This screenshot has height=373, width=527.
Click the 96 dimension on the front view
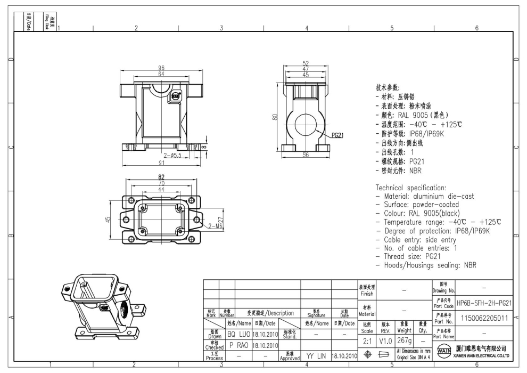[161, 68]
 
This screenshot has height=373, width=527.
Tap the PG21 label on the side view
[337, 135]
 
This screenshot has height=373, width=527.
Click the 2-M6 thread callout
[216, 226]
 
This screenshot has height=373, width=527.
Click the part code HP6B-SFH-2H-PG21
[484, 303]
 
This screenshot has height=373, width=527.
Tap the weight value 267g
[404, 340]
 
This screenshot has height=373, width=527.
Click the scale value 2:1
[367, 340]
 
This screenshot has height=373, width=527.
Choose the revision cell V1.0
[385, 340]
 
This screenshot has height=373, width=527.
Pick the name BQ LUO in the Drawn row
[238, 334]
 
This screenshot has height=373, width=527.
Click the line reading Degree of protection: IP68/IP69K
[437, 230]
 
